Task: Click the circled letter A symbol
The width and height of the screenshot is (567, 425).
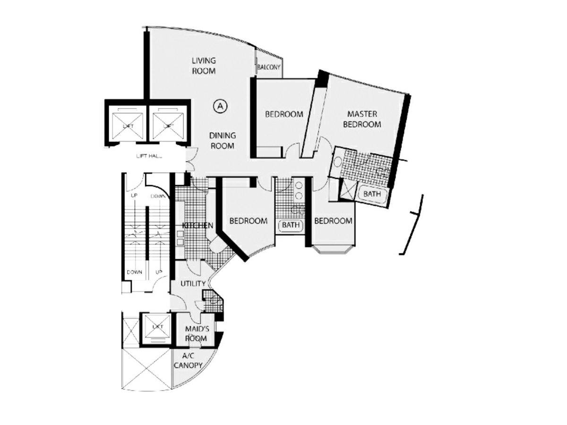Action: [220, 106]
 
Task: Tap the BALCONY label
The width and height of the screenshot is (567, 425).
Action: [269, 68]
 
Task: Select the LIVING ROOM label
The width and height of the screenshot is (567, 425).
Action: [204, 66]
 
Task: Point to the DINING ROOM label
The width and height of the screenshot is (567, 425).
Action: [223, 141]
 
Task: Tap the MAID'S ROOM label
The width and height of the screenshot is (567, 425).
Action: [196, 333]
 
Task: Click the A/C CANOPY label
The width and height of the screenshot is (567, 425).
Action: [189, 362]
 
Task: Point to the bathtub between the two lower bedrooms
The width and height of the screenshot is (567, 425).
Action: [291, 225]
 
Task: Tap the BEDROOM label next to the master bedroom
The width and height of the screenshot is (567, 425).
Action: [283, 114]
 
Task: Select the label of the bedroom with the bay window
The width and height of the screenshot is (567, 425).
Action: [333, 221]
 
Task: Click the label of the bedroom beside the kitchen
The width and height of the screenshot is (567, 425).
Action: [248, 221]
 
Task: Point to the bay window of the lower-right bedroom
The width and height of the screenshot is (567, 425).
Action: [333, 249]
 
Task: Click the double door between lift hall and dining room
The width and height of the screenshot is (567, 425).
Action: [190, 160]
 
